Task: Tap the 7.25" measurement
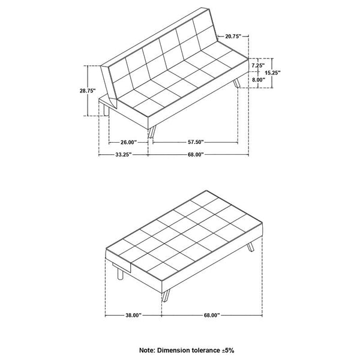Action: [259, 64]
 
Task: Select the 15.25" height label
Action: [286, 72]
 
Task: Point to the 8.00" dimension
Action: [259, 79]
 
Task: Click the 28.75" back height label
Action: [88, 91]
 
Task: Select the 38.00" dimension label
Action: [133, 314]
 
